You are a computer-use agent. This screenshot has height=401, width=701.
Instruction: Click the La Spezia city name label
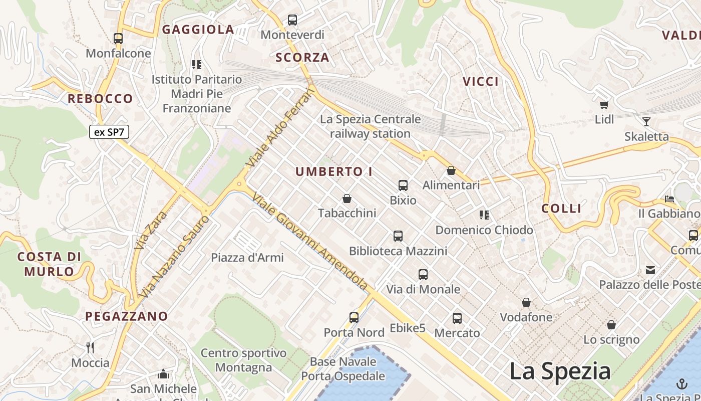560,371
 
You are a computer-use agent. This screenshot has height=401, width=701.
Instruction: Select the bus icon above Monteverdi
292,20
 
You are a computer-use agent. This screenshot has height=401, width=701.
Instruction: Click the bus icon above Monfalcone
118,38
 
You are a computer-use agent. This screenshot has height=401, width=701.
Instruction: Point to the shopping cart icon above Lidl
604,105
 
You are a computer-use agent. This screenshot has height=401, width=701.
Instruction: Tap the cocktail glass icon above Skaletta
646,121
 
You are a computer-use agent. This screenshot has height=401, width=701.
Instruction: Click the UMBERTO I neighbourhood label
334,171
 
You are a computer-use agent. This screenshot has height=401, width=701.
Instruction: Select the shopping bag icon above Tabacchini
346,198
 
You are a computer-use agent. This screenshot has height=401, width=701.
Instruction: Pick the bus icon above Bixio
403,185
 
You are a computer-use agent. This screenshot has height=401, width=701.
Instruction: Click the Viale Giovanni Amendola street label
310,241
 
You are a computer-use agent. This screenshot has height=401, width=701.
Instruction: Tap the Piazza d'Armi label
247,258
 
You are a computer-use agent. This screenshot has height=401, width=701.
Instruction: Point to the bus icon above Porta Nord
354,317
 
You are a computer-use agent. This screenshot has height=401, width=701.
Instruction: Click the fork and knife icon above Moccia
90,347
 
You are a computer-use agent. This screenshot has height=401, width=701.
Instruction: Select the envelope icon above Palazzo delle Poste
650,270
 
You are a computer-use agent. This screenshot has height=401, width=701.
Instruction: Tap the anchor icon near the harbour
682,384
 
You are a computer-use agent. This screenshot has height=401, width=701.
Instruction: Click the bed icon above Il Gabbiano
669,199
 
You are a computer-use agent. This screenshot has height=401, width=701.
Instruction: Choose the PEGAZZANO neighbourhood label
126,316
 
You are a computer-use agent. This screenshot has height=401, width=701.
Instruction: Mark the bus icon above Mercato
457,318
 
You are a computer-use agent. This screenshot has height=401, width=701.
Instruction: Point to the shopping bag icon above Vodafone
526,302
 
